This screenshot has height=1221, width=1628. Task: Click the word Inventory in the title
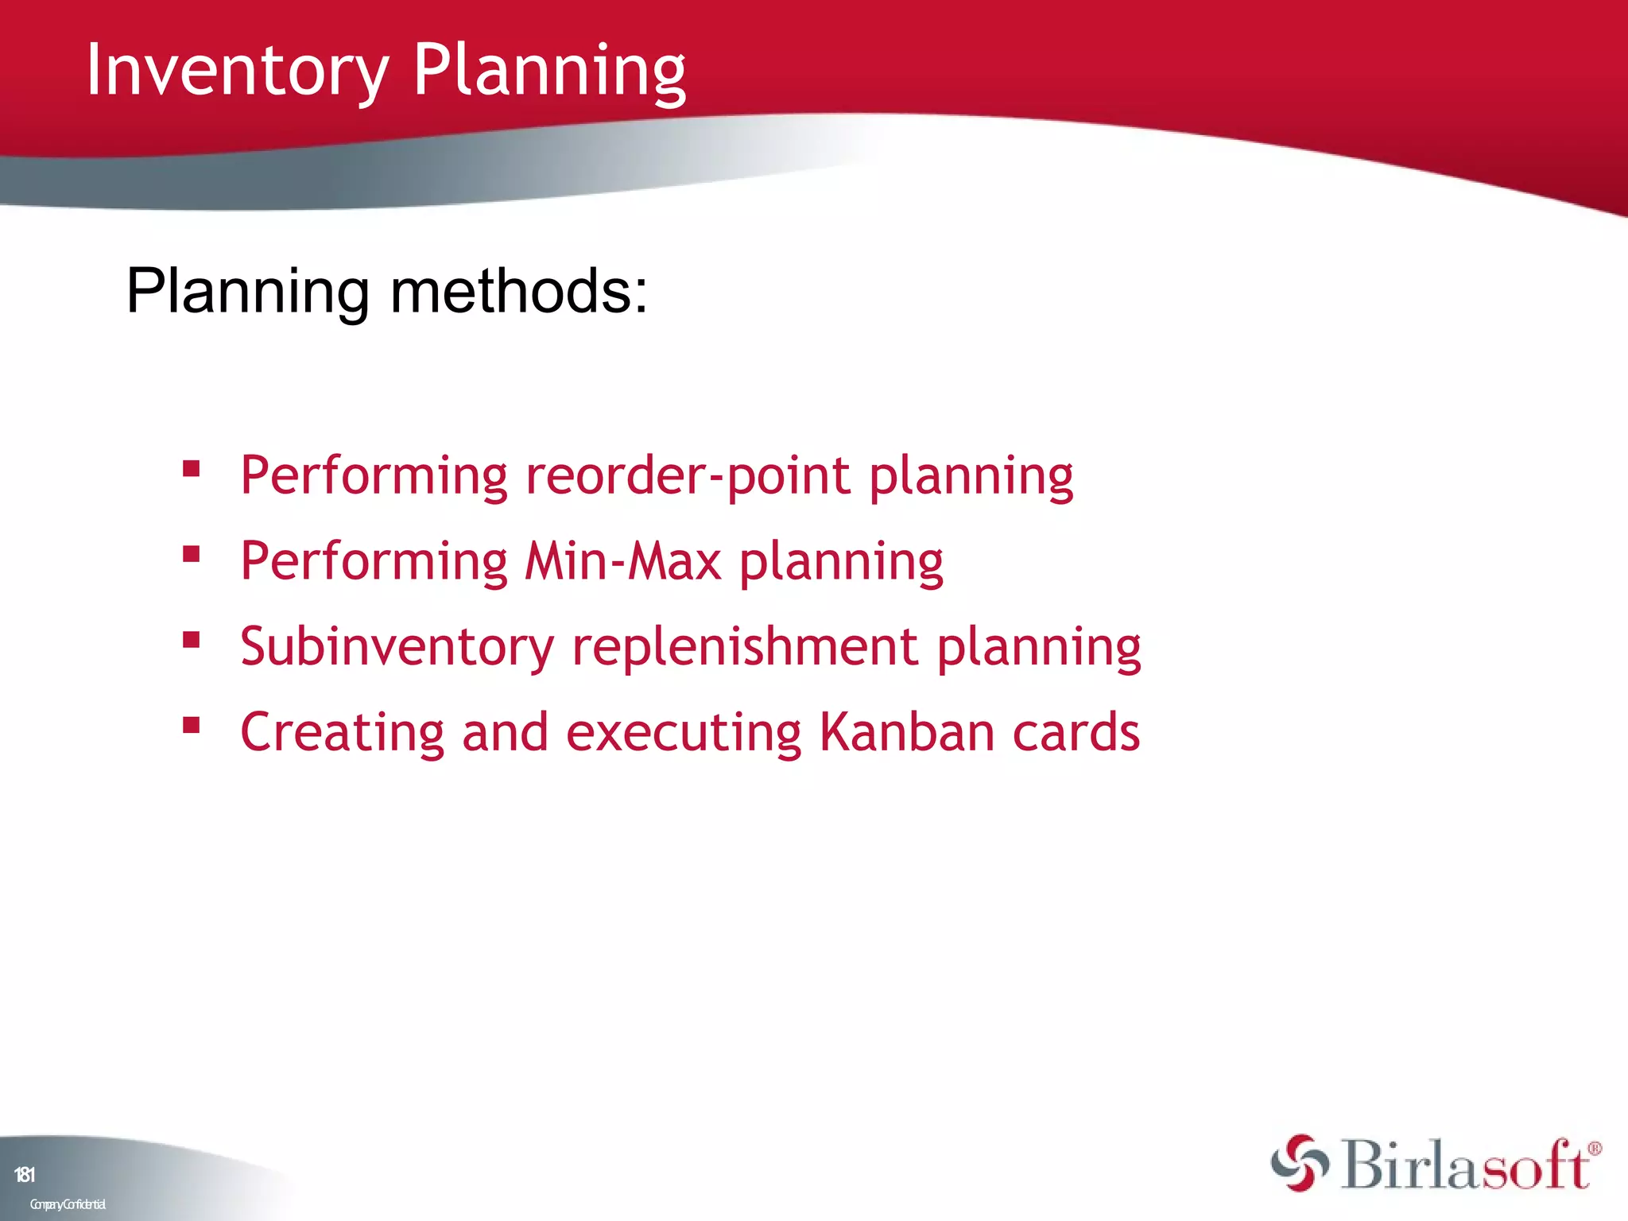click(x=237, y=72)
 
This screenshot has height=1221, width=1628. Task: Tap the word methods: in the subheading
click(x=518, y=292)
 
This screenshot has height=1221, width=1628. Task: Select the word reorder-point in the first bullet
click(x=688, y=476)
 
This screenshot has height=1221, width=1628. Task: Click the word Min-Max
click(x=623, y=561)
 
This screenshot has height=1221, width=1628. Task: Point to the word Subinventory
click(x=397, y=646)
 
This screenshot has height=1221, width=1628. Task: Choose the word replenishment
click(x=745, y=646)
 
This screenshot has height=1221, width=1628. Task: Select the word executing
click(x=684, y=733)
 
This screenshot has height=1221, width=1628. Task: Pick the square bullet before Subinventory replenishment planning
click(x=191, y=639)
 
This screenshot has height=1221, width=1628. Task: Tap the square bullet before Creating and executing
click(x=191, y=724)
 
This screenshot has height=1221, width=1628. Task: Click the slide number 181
click(x=25, y=1175)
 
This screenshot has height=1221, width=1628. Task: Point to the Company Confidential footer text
click(x=68, y=1204)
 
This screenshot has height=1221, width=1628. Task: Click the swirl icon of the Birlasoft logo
click(x=1299, y=1164)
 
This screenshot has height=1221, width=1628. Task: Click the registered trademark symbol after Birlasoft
click(x=1594, y=1149)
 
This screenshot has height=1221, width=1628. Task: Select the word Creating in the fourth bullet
click(x=342, y=733)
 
